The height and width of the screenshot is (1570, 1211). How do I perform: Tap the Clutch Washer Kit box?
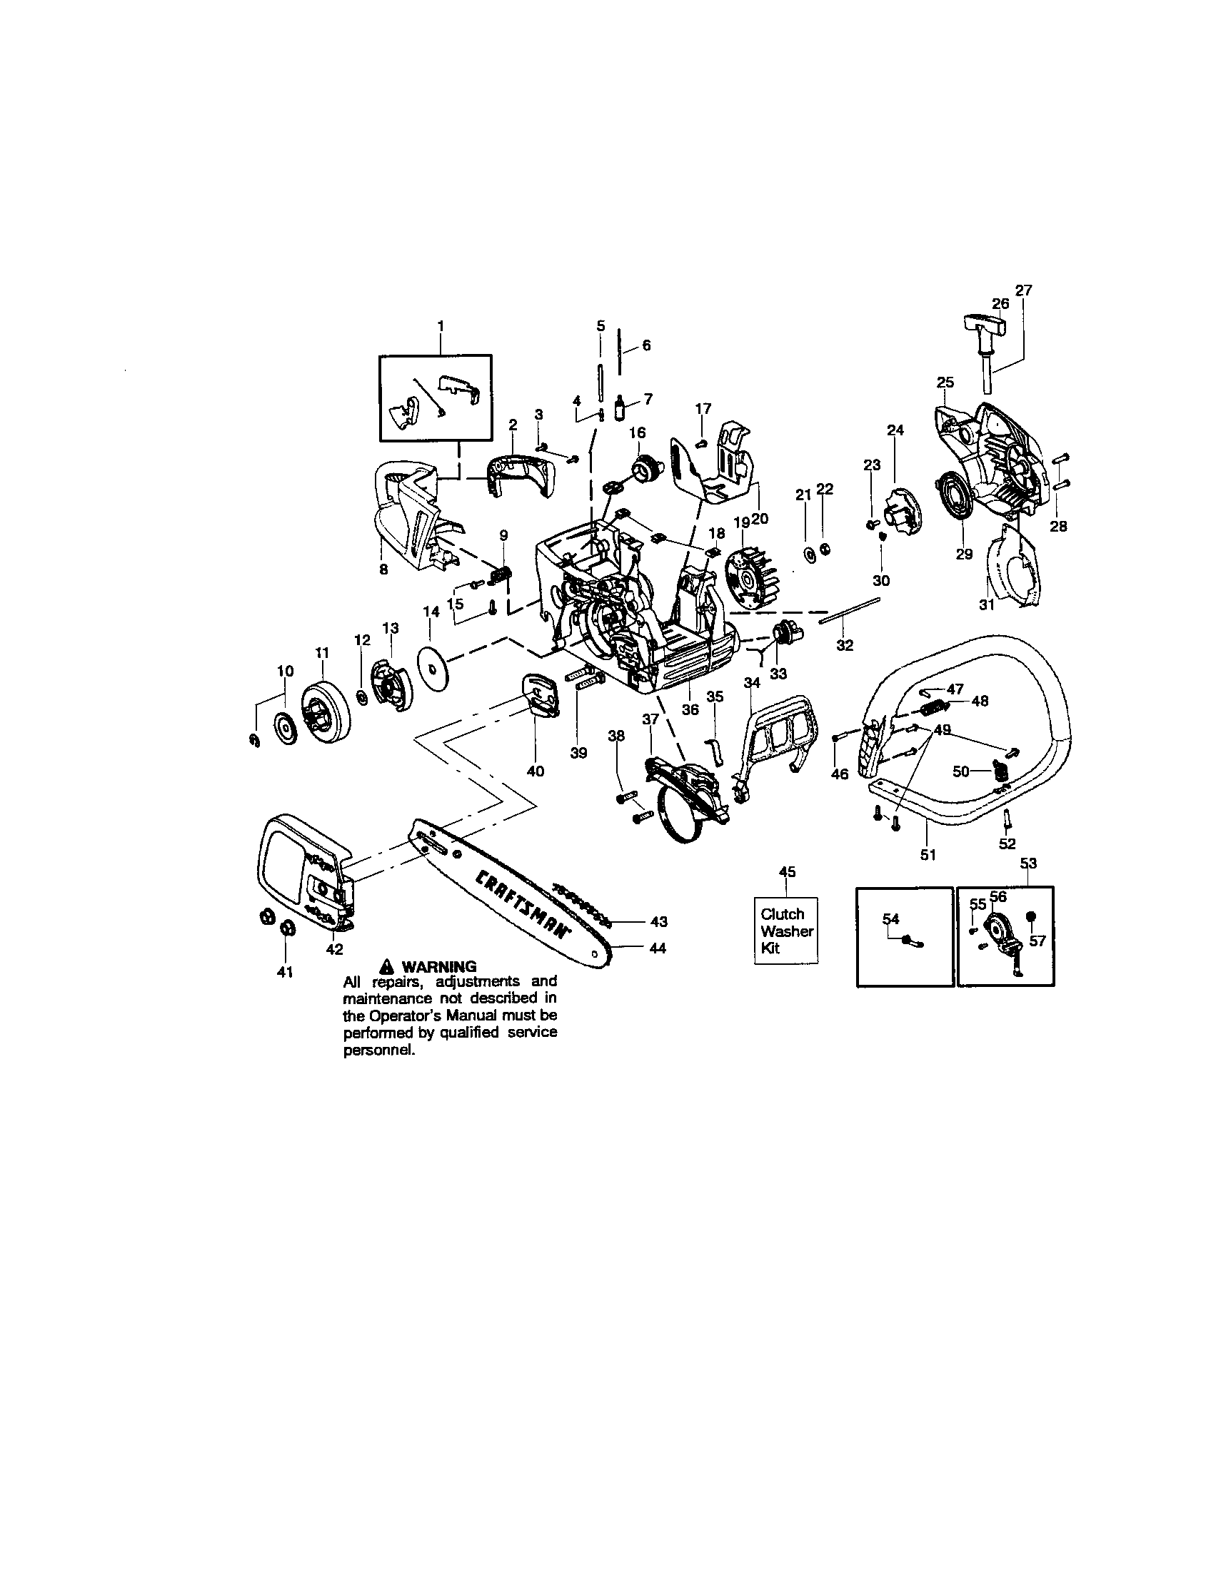[786, 931]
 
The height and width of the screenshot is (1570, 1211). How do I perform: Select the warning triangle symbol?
[387, 966]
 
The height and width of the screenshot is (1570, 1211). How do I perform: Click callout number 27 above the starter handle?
[1023, 290]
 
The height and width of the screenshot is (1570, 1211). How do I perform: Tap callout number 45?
[788, 871]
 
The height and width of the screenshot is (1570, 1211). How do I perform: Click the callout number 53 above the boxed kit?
[1028, 862]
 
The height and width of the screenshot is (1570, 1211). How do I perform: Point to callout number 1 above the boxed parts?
[440, 325]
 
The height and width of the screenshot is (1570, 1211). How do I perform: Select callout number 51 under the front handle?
[928, 855]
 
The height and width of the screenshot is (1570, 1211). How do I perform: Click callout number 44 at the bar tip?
[658, 948]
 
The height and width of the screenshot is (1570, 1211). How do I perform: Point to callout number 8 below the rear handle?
[383, 569]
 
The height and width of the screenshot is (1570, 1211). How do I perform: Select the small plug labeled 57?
[1030, 916]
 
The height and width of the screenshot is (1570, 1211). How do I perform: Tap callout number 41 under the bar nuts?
[285, 973]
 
